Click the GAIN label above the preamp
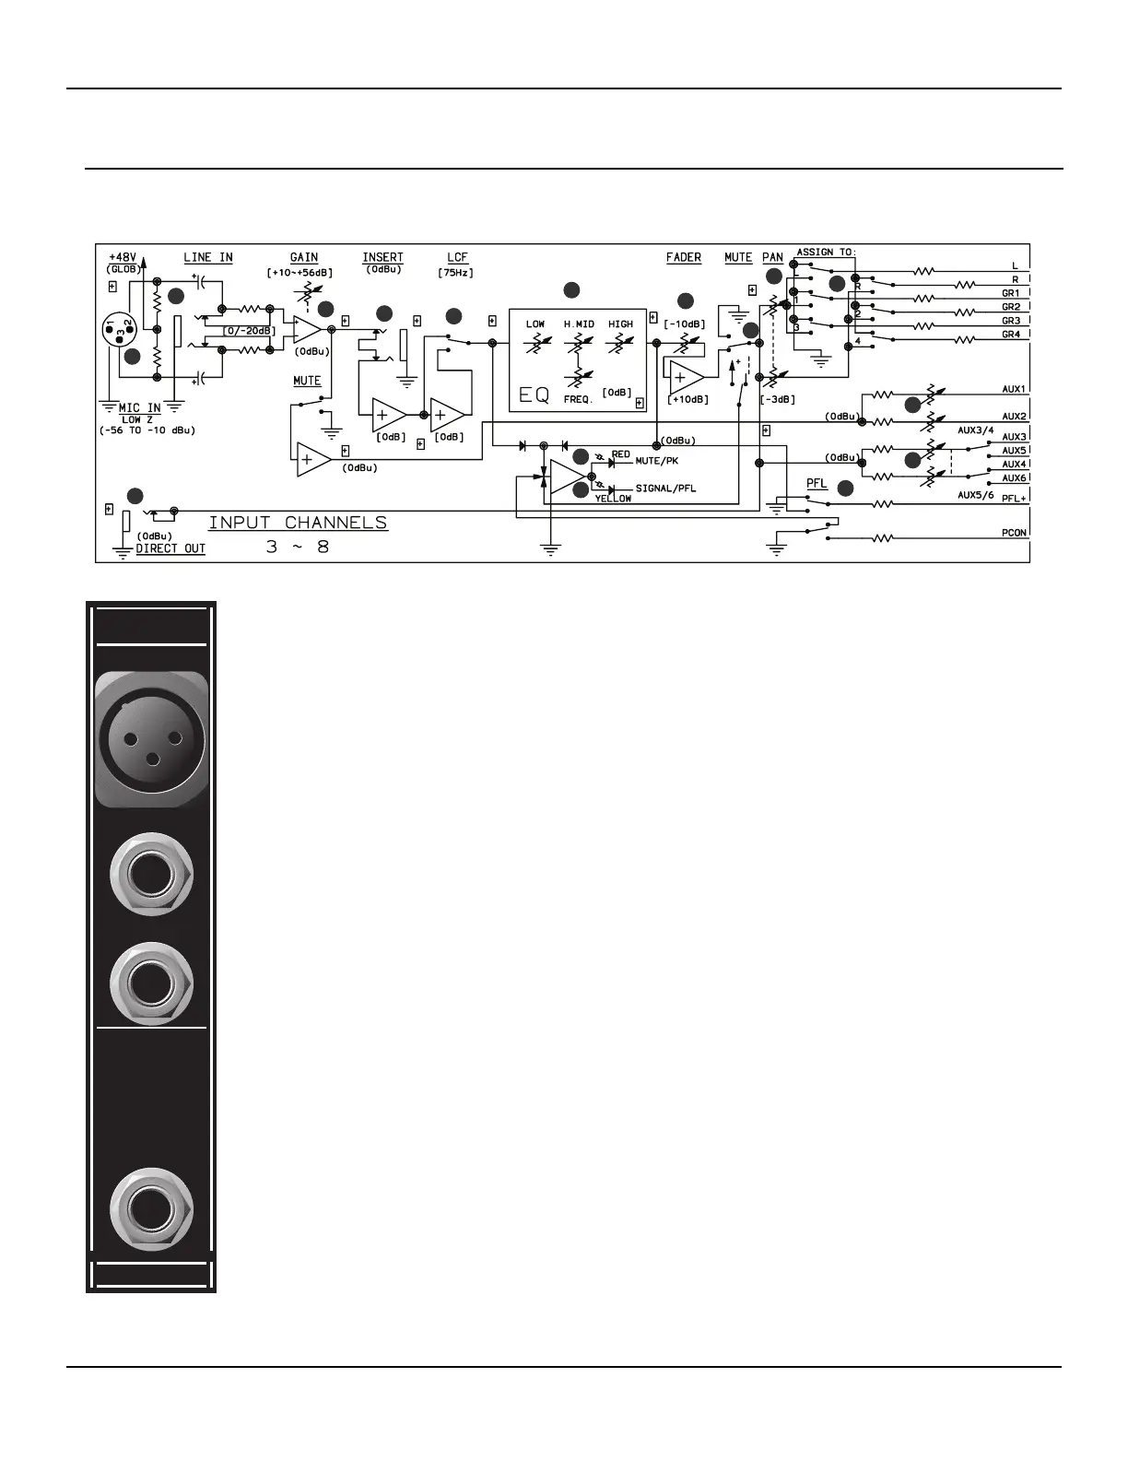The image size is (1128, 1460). [304, 258]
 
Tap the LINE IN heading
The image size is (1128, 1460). [208, 258]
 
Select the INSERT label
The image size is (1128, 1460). [382, 258]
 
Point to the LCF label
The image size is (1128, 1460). [457, 258]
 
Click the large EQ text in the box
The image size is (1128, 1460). [535, 395]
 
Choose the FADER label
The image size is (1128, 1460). [684, 258]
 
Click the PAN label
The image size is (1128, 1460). [772, 258]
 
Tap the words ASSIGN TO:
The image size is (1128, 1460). [827, 252]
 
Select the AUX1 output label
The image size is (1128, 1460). [1014, 390]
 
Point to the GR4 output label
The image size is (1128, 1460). [1011, 335]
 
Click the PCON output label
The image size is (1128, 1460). [1014, 533]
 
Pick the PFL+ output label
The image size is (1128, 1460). [1014, 499]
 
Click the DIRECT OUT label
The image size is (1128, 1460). [170, 548]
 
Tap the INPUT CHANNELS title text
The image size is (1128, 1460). [298, 523]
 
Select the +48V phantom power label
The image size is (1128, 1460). [123, 257]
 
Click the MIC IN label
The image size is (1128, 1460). [140, 407]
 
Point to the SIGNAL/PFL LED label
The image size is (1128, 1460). [665, 489]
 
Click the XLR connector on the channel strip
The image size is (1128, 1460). [151, 739]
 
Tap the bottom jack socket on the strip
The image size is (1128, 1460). [151, 1208]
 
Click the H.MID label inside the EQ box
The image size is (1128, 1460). [579, 324]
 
